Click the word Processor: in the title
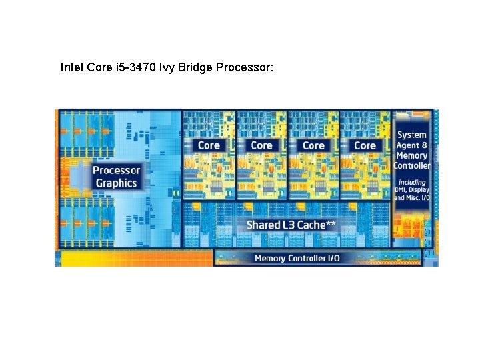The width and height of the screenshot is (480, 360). [x=245, y=67]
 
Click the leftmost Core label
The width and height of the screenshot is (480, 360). [x=209, y=145]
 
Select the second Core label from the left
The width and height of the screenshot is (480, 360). [x=261, y=145]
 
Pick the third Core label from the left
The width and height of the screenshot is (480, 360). [x=313, y=145]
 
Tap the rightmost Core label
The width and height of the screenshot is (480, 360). [x=365, y=145]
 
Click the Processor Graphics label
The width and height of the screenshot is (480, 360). [x=116, y=177]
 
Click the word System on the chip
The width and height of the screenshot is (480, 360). [x=411, y=135]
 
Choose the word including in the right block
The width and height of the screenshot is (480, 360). [x=412, y=182]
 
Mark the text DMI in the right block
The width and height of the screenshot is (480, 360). [x=401, y=189]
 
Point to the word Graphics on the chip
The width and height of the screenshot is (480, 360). [x=116, y=183]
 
